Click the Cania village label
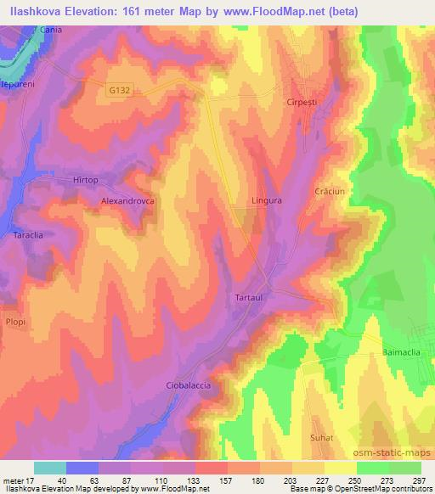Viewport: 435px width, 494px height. click(x=52, y=29)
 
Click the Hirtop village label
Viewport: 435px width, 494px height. click(x=85, y=180)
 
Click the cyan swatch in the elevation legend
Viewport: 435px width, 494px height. click(x=50, y=468)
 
